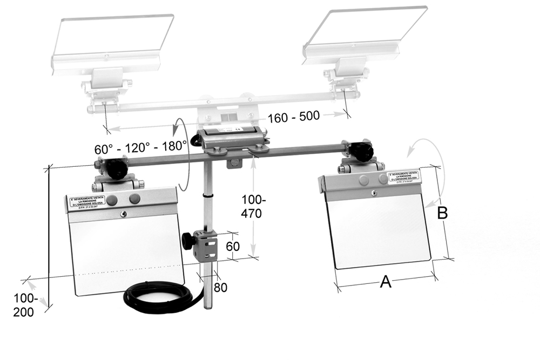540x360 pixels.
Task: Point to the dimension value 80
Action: (x=220, y=287)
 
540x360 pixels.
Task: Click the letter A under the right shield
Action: (x=386, y=281)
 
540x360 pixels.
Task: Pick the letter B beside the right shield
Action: (x=442, y=213)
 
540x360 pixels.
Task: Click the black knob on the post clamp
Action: (x=188, y=240)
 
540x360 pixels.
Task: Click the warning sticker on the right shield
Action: (x=403, y=177)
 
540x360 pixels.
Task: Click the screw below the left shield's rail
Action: (x=123, y=214)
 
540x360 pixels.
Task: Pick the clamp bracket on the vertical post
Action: (x=207, y=246)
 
